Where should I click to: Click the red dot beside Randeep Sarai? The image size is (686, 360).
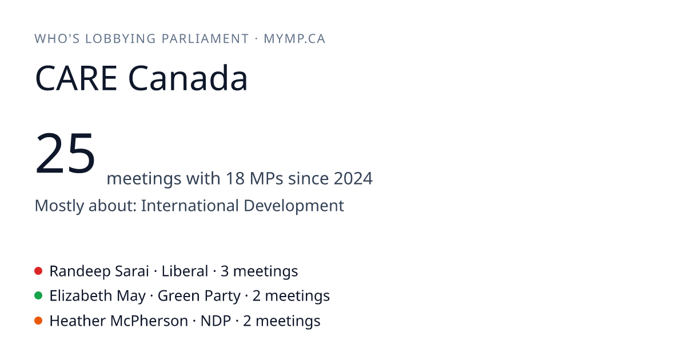point(38,271)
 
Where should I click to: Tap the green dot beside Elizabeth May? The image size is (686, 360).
point(38,296)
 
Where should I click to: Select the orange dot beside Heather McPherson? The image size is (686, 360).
point(38,321)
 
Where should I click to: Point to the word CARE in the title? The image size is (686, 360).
point(76,78)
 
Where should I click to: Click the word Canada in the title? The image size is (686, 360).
point(188,78)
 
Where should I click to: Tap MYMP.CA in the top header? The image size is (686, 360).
point(294,39)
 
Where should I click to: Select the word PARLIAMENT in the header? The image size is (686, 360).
point(205,39)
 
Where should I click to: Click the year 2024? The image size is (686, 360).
point(353,178)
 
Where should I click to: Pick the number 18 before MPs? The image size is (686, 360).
point(235,178)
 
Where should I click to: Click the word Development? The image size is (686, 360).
point(294,206)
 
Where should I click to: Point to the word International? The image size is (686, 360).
point(190,205)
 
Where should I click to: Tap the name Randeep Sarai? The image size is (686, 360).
point(99,271)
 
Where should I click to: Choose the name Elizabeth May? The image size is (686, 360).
point(98,296)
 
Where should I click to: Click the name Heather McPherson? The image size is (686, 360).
point(119,321)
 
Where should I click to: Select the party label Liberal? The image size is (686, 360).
point(185,271)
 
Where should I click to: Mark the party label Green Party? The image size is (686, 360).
point(199,296)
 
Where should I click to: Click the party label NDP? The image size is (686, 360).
point(216,321)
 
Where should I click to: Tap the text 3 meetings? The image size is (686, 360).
point(259,271)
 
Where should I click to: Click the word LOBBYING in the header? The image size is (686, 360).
point(121,39)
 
